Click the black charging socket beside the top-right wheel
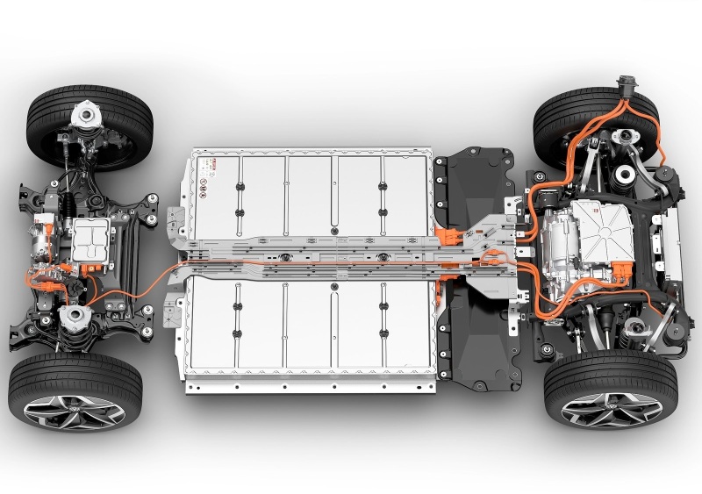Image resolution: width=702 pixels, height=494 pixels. tap(627, 88)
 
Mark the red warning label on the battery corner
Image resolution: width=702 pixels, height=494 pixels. tap(208, 164)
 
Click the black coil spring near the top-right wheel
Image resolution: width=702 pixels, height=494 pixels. tap(626, 174)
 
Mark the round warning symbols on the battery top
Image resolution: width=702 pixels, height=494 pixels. tap(204, 185)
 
